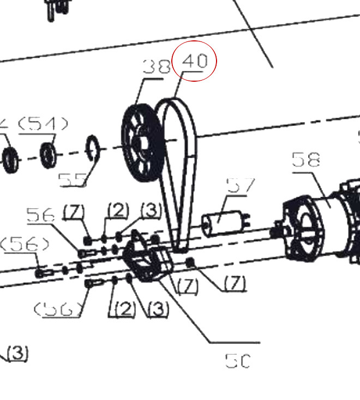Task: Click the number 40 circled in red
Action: tap(195, 60)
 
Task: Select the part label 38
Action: tap(157, 67)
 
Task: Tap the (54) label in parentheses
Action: tap(44, 124)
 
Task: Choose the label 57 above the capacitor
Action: tap(240, 186)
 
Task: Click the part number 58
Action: tap(305, 160)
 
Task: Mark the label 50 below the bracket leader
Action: tap(237, 360)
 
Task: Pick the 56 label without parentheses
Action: tap(41, 216)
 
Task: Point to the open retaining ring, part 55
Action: tap(93, 148)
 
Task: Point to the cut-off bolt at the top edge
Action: tap(56, 8)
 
